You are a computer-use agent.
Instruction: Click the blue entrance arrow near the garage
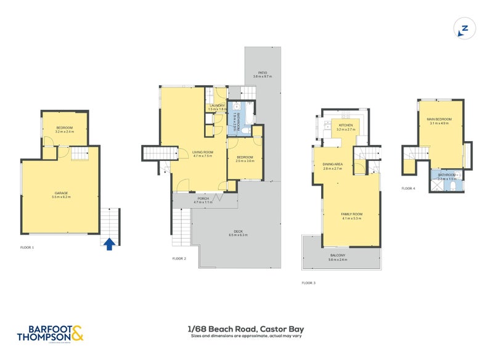click(108, 244)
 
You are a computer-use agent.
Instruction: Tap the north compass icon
click(465, 28)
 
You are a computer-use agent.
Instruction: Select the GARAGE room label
click(60, 194)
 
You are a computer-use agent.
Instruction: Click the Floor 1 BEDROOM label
click(64, 129)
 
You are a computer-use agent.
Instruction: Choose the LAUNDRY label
click(217, 107)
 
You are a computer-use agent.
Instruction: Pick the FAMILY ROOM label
click(352, 215)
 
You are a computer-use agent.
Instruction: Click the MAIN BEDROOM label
click(439, 121)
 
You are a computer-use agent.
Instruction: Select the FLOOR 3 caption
click(308, 283)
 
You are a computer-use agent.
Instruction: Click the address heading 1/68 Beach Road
click(246, 329)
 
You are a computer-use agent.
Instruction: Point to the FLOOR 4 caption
click(409, 188)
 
